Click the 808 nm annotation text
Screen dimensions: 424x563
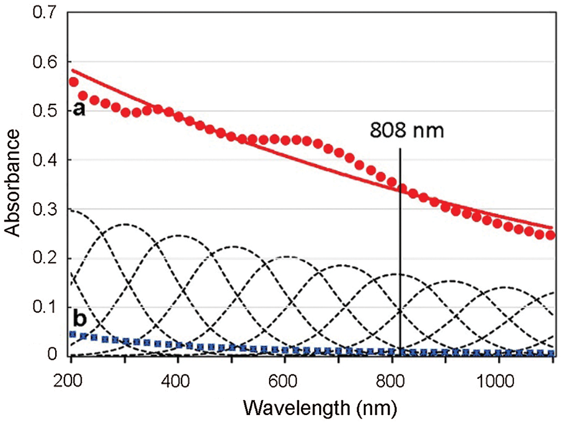pyautogui.click(x=406, y=131)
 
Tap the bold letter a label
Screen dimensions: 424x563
pyautogui.click(x=79, y=110)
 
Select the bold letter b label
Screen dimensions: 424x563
pyautogui.click(x=80, y=319)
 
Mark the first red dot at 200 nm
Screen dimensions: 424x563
pyautogui.click(x=73, y=82)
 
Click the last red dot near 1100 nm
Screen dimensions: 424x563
pyautogui.click(x=551, y=235)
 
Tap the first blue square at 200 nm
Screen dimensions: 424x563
pyautogui.click(x=72, y=334)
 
